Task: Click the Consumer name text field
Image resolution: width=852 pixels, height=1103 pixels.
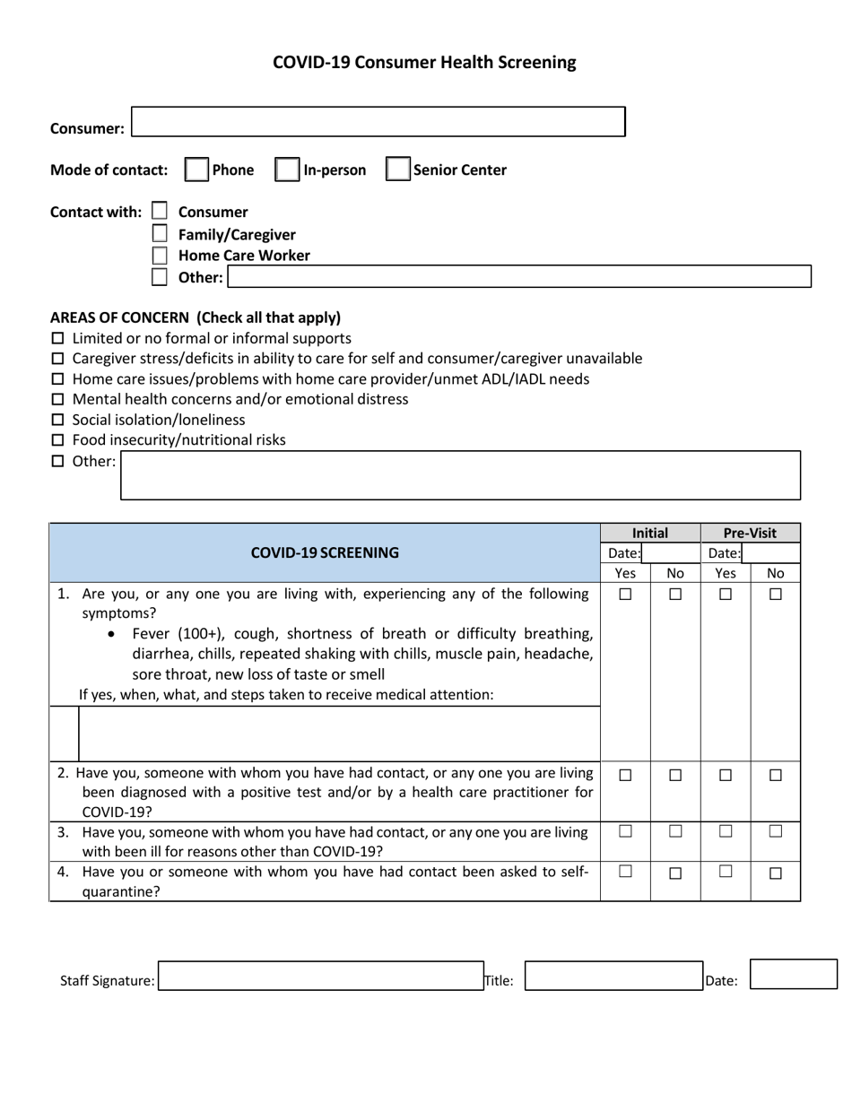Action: (378, 122)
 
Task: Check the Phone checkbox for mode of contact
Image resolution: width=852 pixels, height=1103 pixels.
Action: (196, 169)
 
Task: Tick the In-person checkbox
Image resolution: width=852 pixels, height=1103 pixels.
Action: (287, 169)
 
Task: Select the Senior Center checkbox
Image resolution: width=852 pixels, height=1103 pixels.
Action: (397, 169)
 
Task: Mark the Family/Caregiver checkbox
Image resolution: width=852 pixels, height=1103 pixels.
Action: (160, 234)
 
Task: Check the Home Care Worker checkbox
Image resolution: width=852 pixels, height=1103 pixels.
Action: (160, 256)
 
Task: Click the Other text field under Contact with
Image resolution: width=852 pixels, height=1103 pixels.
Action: (519, 276)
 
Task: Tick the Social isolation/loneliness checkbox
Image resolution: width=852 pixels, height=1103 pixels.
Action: (58, 420)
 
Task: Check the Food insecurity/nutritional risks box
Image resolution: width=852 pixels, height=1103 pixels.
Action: (58, 440)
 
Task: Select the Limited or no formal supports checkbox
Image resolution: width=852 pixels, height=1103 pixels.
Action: (58, 339)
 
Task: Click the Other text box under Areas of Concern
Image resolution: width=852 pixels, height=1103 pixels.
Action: (460, 475)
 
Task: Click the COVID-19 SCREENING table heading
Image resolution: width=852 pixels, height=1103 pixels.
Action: (325, 552)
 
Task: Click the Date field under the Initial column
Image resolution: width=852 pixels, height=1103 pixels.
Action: (670, 553)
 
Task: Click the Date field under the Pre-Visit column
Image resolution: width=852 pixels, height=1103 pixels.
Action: (769, 553)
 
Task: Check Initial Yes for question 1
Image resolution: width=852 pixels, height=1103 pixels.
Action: (626, 594)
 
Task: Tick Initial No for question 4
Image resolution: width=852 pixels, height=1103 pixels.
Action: (676, 873)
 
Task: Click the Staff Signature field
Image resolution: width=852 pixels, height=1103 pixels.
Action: (321, 977)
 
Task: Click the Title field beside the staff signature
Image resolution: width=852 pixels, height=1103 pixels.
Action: (613, 977)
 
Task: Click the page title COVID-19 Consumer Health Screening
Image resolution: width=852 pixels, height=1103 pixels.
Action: (424, 62)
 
